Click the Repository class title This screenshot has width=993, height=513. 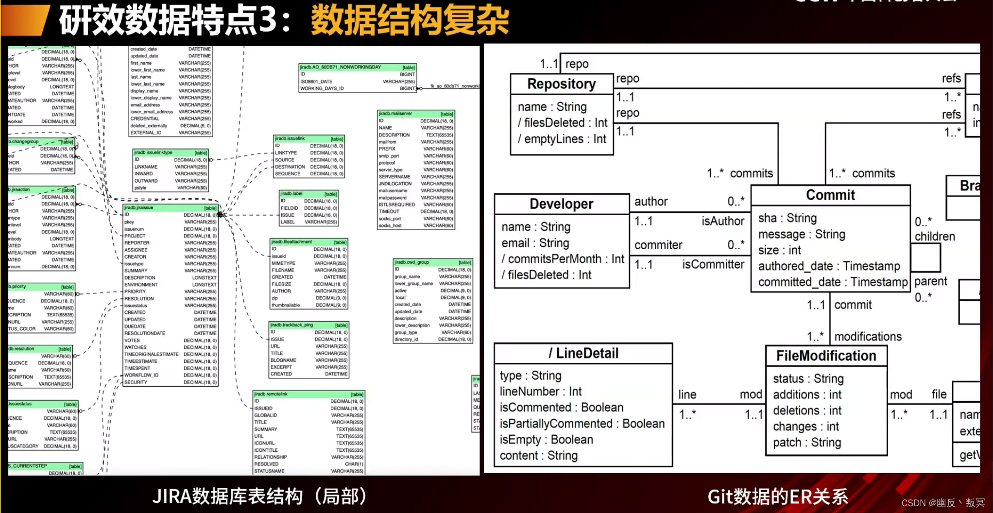tap(561, 84)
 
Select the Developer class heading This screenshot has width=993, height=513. tap(561, 204)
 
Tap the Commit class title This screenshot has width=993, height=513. tap(830, 195)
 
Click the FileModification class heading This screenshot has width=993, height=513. tap(826, 356)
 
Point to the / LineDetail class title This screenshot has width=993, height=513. tap(583, 353)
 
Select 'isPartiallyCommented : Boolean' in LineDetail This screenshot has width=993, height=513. tap(582, 424)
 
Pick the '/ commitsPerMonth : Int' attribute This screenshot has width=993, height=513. tap(563, 259)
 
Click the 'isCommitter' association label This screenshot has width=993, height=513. tap(713, 264)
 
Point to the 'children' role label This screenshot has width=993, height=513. tap(934, 237)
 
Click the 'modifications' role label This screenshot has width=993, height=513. tap(868, 337)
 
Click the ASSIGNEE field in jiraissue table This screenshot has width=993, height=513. tap(136, 250)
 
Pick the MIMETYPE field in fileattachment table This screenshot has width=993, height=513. tap(283, 263)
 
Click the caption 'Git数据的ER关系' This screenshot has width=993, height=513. tap(777, 496)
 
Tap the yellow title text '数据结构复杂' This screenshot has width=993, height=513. tap(410, 20)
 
